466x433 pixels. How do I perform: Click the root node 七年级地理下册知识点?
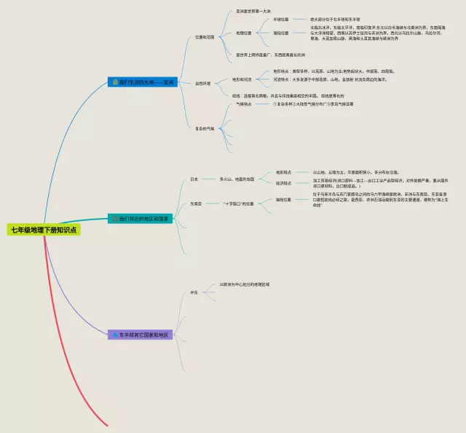point(44,229)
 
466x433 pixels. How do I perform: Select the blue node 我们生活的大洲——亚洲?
point(142,82)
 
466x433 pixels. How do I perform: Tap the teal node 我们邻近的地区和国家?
point(142,218)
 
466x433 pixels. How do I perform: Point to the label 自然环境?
point(203,83)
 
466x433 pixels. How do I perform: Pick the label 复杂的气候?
point(205,129)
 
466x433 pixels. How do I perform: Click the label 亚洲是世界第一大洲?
point(253,12)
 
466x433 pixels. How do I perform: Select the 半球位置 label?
point(280,20)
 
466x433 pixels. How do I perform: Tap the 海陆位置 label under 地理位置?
point(280,33)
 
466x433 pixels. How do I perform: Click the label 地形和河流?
point(242,79)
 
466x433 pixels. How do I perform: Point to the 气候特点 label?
point(243,104)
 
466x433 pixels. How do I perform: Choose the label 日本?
point(194,179)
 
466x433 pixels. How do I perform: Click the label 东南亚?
point(196,204)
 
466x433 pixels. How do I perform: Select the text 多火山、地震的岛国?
point(237,179)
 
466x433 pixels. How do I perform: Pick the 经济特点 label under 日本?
point(283,183)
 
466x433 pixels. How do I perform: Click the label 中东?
point(194,292)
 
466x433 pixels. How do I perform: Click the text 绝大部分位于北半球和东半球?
point(335,20)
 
